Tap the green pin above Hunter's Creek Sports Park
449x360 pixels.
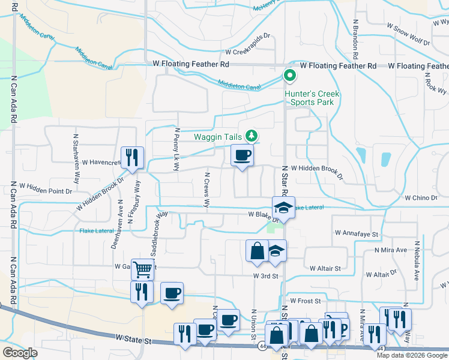[x=289, y=76]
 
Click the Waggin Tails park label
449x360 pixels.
[x=217, y=137]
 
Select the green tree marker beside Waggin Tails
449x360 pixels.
[x=253, y=136]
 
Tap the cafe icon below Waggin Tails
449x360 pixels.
[x=243, y=156]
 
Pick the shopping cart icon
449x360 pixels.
[x=142, y=270]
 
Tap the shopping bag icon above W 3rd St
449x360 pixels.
[x=257, y=250]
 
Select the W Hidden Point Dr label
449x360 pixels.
[x=46, y=187]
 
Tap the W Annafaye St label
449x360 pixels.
[x=358, y=233]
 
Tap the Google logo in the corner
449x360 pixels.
[x=20, y=353]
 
